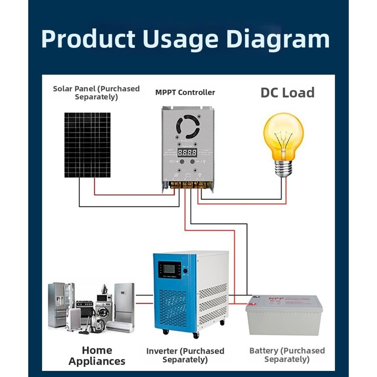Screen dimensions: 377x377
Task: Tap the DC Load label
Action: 287,93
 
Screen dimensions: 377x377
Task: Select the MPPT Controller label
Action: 185,92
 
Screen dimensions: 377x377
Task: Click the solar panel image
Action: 87,145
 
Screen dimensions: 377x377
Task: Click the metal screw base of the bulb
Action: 284,168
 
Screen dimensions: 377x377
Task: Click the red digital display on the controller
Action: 187,153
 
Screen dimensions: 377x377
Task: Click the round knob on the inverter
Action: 185,271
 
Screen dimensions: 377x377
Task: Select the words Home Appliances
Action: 97,356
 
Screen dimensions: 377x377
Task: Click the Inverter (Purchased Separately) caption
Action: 185,355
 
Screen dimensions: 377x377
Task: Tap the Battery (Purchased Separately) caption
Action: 287,355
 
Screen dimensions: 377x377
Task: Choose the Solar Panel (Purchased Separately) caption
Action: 96,93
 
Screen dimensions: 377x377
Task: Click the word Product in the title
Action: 88,39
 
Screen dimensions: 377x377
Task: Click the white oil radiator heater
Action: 74,319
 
